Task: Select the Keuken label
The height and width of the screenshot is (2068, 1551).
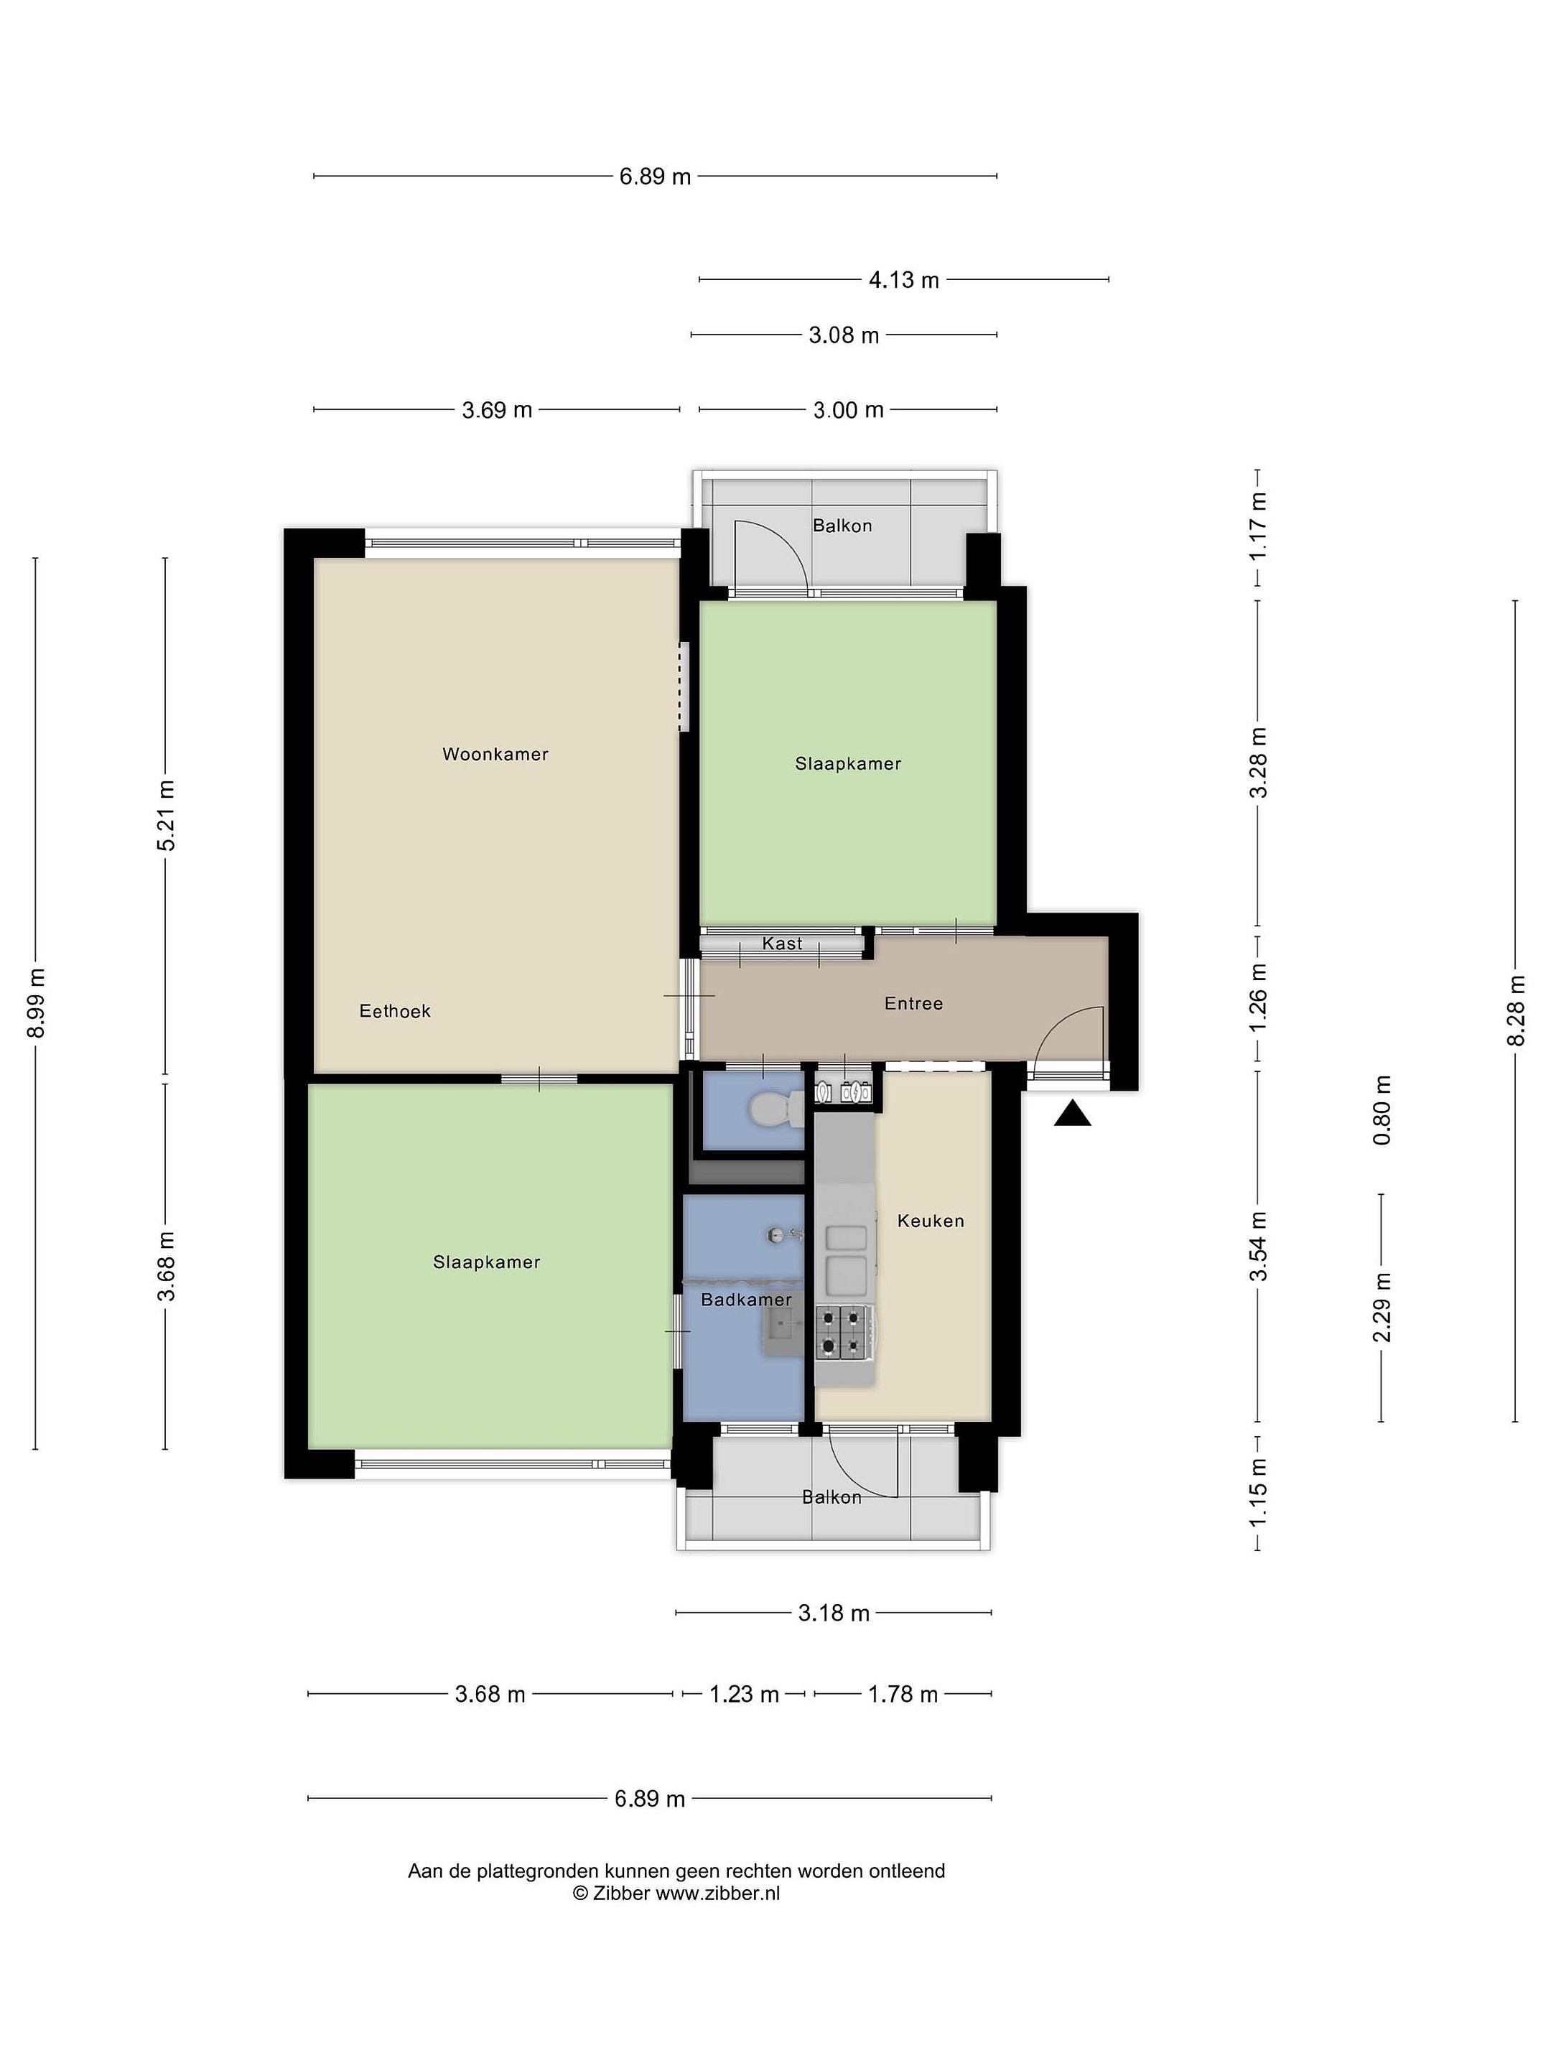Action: click(x=930, y=1220)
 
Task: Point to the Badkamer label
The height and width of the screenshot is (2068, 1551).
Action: click(x=746, y=1300)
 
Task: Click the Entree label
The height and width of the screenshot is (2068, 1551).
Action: click(x=913, y=1003)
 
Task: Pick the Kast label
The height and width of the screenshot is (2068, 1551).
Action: click(x=781, y=944)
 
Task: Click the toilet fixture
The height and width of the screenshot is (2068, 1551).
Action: click(x=775, y=1109)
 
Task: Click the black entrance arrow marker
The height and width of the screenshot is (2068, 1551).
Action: click(x=1072, y=1114)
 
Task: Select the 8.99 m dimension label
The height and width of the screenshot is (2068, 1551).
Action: click(x=35, y=1003)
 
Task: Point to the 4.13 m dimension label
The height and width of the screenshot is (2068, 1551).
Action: click(x=903, y=279)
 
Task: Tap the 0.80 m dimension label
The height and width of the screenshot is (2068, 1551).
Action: click(x=1382, y=1109)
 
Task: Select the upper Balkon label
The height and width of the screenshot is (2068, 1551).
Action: click(x=842, y=526)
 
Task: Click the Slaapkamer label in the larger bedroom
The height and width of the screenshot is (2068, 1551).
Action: click(x=486, y=1262)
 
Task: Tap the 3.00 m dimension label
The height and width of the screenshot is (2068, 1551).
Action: click(x=848, y=409)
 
